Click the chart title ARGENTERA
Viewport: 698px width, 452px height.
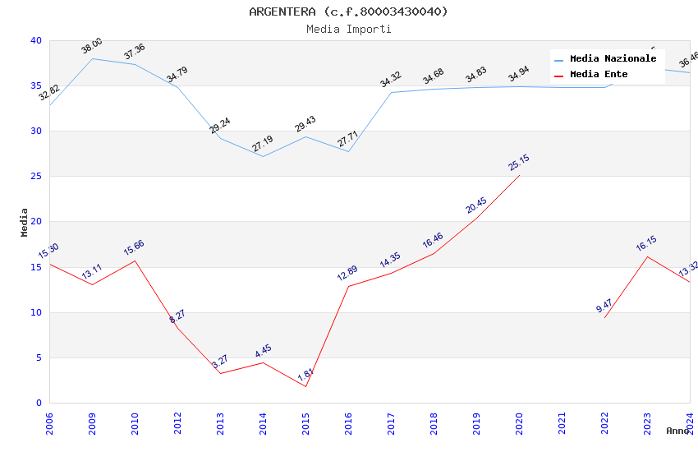click(348, 12)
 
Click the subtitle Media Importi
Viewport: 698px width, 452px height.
click(348, 29)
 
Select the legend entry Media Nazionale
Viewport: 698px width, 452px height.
click(613, 58)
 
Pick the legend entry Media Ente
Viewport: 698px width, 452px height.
click(599, 74)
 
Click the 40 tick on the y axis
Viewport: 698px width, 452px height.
click(35, 40)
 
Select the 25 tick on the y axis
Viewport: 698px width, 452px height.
click(35, 177)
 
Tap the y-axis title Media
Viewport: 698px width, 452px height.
click(25, 222)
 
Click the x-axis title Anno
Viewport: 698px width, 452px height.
click(677, 431)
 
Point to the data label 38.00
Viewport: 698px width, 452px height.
click(92, 46)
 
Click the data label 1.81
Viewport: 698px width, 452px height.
click(305, 376)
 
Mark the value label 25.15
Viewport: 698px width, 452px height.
click(519, 163)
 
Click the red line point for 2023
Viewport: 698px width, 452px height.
click(647, 256)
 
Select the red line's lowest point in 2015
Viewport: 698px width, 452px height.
click(305, 386)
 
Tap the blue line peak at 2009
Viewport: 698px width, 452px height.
click(92, 58)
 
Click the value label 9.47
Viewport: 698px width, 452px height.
click(604, 307)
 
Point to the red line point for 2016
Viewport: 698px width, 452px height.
click(348, 286)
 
